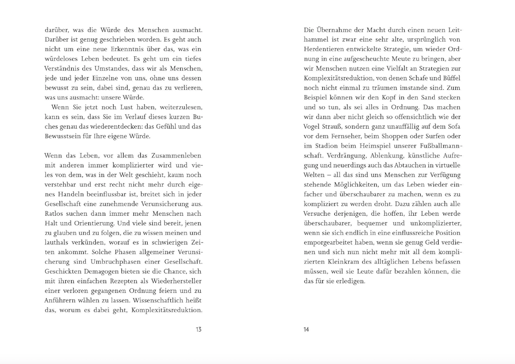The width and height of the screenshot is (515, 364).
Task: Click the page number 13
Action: point(198,330)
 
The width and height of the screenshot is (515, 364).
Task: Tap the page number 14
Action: point(306,330)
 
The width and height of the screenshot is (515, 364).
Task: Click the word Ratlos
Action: point(54,214)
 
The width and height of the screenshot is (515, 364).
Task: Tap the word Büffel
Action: point(451,78)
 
